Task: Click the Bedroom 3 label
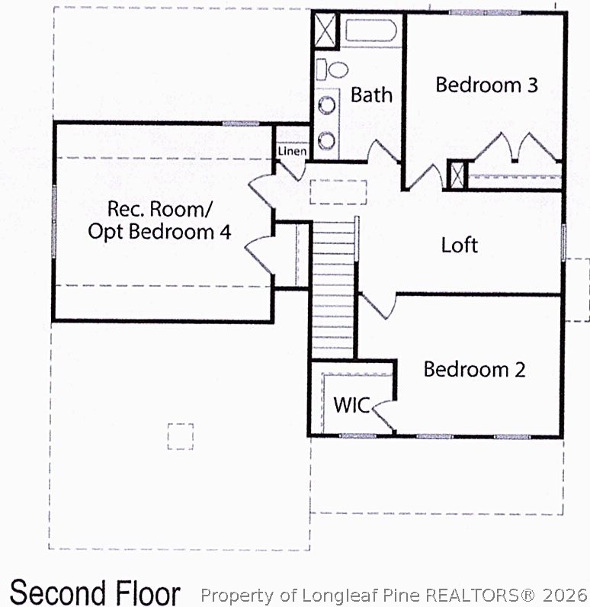pos(486,85)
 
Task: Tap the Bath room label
pos(371,95)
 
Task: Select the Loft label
pos(460,245)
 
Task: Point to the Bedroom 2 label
pos(474,369)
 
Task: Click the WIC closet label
pos(351,406)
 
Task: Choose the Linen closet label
pos(292,151)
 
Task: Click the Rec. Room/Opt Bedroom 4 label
pos(159,220)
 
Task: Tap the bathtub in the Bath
pos(370,31)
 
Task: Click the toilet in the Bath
pos(332,69)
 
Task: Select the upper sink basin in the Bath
pos(327,105)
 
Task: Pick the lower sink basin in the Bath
pos(327,140)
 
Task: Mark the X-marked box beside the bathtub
pos(325,31)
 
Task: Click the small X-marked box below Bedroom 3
pos(457,175)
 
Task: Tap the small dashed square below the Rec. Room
pos(181,436)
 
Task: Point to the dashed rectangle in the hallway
pos(338,192)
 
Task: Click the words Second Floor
pos(95,593)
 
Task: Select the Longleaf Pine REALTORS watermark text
pos(394,595)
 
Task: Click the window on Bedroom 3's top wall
pos(484,13)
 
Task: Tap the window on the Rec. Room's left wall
pos(54,222)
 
